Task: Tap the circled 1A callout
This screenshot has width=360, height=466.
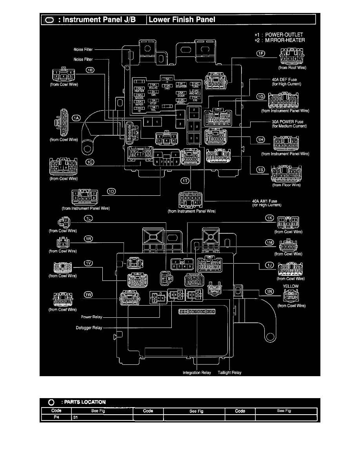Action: pyautogui.click(x=77, y=117)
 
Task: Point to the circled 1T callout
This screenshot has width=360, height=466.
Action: pyautogui.click(x=185, y=180)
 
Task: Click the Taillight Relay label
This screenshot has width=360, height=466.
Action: pyautogui.click(x=229, y=373)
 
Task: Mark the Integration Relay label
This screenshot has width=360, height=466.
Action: pyautogui.click(x=197, y=373)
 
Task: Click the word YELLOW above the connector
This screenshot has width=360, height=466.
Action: pyautogui.click(x=291, y=286)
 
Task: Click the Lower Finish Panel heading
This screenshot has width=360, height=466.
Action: pyautogui.click(x=182, y=20)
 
